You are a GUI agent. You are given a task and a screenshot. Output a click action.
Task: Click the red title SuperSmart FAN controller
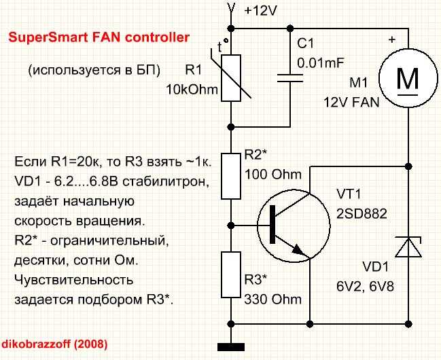tap(99, 37)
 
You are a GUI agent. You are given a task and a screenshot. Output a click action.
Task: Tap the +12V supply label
tap(261, 11)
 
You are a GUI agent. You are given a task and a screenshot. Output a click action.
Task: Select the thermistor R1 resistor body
tap(231, 78)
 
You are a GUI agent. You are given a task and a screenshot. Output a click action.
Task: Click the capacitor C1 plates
tap(290, 78)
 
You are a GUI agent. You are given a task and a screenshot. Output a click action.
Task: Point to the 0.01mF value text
tap(321, 62)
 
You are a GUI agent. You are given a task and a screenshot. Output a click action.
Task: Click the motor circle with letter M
tap(408, 78)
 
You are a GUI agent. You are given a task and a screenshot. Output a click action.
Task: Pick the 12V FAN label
tap(351, 103)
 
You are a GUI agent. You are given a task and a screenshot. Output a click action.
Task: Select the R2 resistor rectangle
tap(231, 177)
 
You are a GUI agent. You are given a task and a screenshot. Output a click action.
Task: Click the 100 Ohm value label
tap(272, 175)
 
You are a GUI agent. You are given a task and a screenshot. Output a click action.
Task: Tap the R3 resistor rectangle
tap(231, 274)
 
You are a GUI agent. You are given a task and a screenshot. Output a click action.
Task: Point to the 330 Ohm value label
tap(272, 300)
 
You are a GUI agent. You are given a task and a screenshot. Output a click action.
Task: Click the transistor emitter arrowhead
tap(298, 250)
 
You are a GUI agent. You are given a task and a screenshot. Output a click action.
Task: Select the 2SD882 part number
tap(361, 214)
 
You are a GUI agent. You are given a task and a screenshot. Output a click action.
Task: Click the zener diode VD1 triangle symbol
tap(408, 247)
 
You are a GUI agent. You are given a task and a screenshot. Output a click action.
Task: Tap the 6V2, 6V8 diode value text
tap(365, 287)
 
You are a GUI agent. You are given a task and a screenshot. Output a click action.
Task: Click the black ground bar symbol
tap(231, 347)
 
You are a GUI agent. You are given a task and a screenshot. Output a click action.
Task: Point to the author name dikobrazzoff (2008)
tap(54, 344)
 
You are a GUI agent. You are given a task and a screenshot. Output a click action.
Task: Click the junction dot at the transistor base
tap(231, 226)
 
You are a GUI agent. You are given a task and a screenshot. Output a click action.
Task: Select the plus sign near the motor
tap(392, 39)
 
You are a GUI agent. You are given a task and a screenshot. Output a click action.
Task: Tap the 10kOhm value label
tap(192, 90)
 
